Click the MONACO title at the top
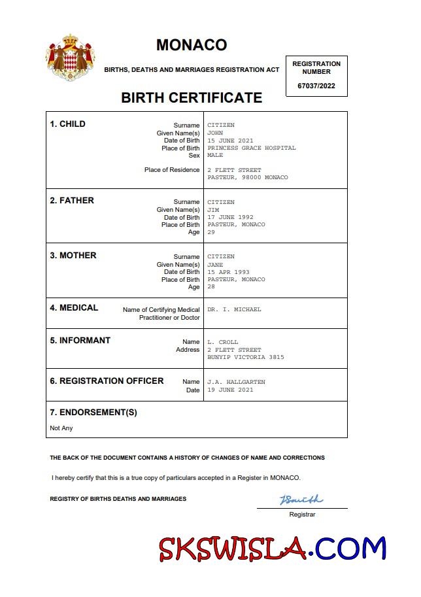click(x=192, y=44)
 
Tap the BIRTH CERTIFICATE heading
click(x=192, y=98)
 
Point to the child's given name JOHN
click(x=215, y=133)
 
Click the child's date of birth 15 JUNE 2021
click(x=230, y=141)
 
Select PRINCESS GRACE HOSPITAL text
click(x=252, y=148)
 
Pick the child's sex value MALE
click(x=215, y=156)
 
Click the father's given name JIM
click(x=214, y=210)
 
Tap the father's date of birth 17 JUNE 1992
click(x=230, y=217)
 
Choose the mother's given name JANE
click(x=215, y=265)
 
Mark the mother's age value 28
click(x=210, y=287)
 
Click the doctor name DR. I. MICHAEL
click(x=234, y=309)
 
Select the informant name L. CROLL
click(x=223, y=342)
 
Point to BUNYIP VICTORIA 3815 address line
click(x=246, y=357)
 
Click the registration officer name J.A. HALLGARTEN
click(x=236, y=382)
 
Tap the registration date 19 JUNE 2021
click(x=230, y=390)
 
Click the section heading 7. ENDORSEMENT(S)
click(x=93, y=413)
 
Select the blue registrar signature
click(x=301, y=500)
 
